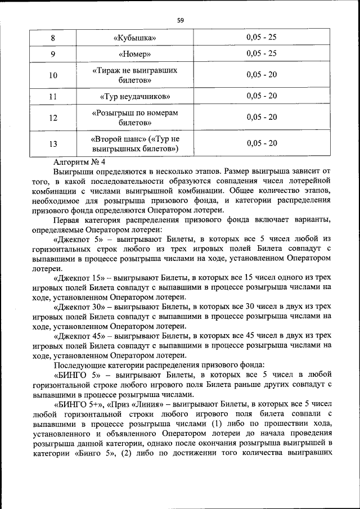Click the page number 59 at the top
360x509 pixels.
180,20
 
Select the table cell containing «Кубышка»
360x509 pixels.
134,38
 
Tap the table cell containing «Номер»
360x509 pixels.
134,55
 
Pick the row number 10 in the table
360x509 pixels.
53,75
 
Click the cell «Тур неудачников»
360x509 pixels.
134,96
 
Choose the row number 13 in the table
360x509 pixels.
53,143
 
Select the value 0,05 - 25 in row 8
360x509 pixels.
262,38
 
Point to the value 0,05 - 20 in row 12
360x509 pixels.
262,117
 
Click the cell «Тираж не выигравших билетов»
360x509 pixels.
134,75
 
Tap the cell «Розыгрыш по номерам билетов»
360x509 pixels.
134,117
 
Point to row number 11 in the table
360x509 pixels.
53,96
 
